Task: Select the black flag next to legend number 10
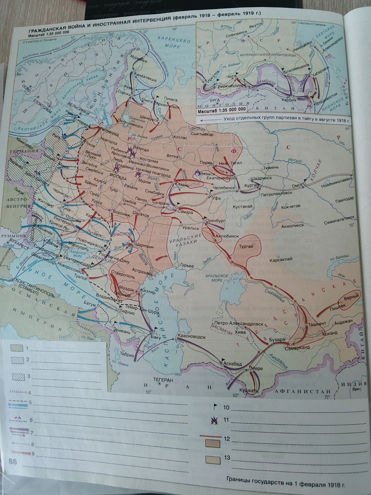pyautogui.click(x=215, y=407)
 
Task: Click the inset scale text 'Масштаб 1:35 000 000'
pyautogui.click(x=222, y=109)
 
